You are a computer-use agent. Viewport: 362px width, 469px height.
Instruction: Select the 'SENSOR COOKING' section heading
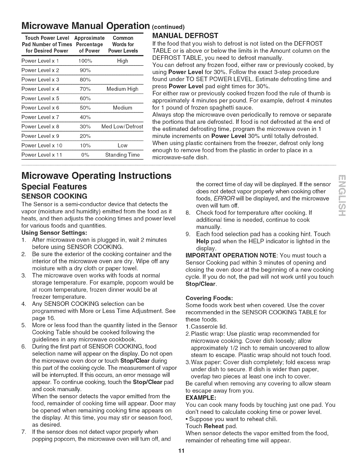54,196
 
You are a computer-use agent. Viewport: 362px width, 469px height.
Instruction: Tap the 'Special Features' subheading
54,187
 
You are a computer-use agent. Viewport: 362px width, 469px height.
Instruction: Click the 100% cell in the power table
85,61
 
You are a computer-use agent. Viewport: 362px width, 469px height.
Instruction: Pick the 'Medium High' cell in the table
122,89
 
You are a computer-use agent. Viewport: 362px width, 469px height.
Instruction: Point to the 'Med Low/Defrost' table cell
122,127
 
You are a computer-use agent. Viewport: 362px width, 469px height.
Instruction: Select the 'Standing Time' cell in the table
122,155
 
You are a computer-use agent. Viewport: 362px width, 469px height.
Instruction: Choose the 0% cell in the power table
85,155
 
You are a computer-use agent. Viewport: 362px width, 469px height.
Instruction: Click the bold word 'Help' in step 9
203,241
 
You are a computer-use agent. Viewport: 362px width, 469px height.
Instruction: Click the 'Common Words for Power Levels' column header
123,44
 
